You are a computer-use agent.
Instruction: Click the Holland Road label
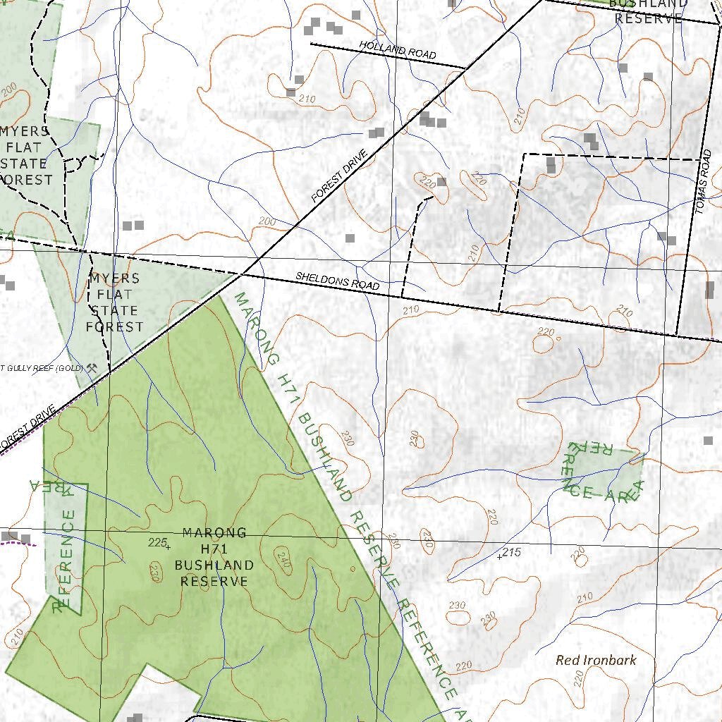coord(397,49)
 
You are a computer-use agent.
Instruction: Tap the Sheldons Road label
coord(337,281)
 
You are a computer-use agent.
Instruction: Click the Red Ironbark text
coord(596,661)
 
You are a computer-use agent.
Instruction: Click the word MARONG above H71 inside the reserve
coord(214,532)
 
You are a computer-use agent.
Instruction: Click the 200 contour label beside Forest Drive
coord(267,221)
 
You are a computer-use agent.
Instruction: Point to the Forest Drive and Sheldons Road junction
coord(243,272)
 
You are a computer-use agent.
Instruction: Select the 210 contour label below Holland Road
coord(307,99)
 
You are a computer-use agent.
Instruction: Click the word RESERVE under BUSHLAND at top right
coord(649,18)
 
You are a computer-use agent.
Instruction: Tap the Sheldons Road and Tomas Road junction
coord(677,334)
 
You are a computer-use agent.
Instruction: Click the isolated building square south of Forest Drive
coord(350,238)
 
